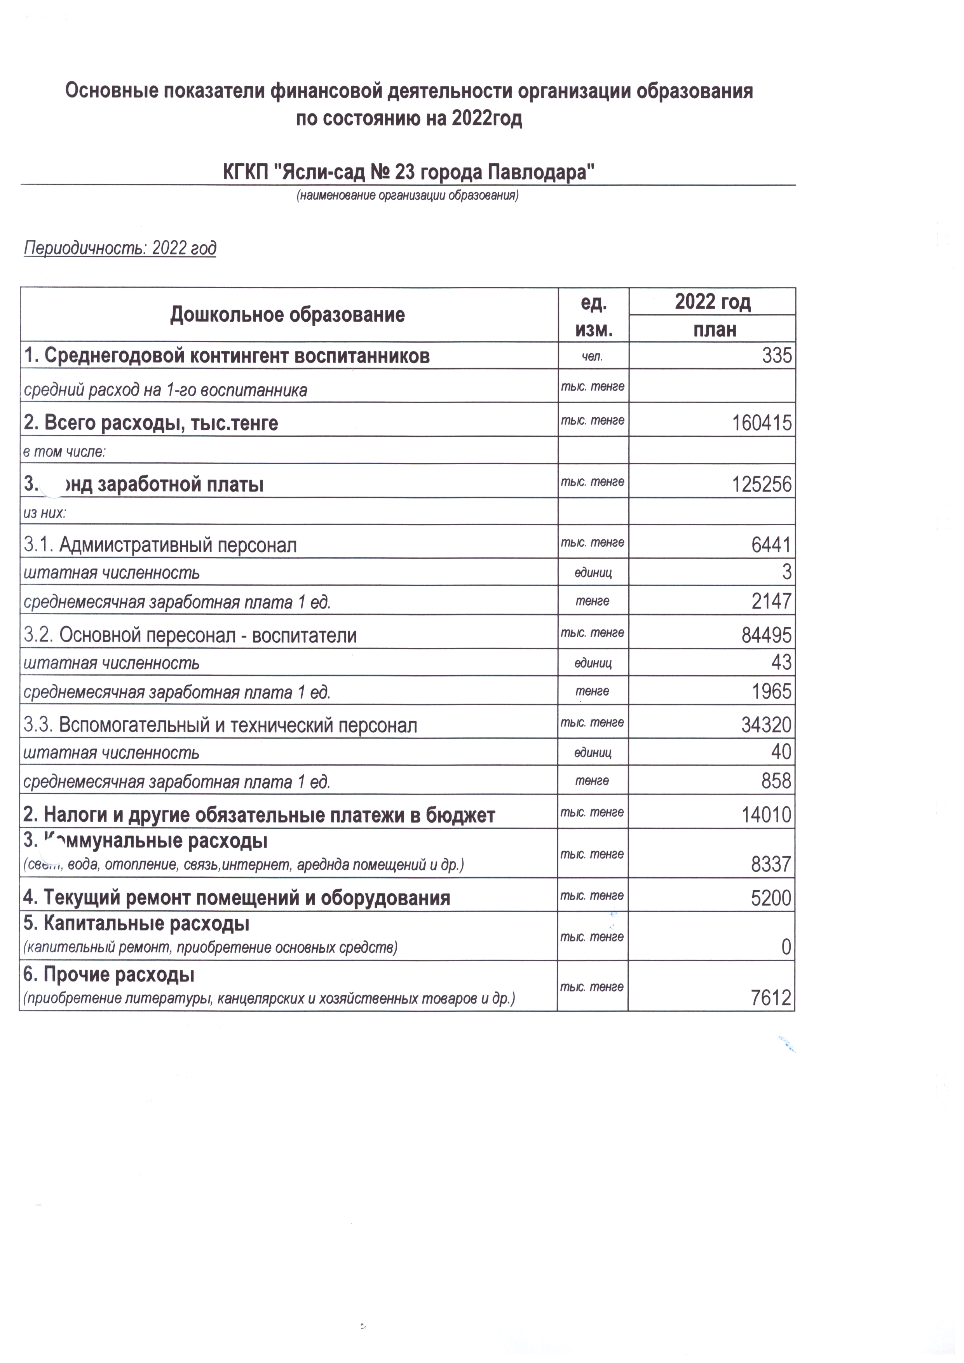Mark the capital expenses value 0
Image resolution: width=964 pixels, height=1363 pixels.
click(x=786, y=947)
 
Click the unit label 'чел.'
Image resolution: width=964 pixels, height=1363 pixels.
click(x=593, y=357)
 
